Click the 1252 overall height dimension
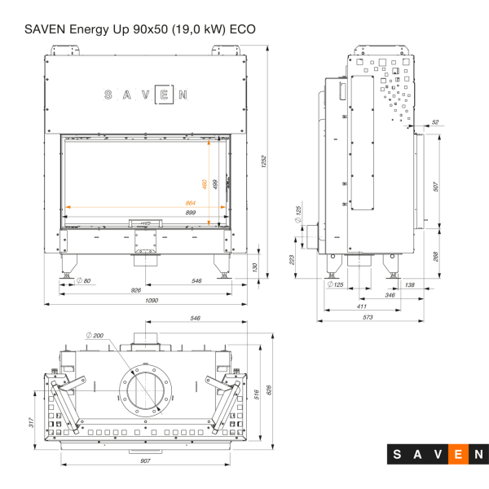(263, 163)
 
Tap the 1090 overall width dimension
(152, 301)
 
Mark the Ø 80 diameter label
(82, 281)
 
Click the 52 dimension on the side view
(434, 122)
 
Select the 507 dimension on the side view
(436, 187)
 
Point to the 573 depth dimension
(368, 316)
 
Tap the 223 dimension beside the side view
(293, 259)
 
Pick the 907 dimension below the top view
(144, 461)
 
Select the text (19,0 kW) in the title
(196, 29)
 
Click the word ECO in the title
(242, 29)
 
